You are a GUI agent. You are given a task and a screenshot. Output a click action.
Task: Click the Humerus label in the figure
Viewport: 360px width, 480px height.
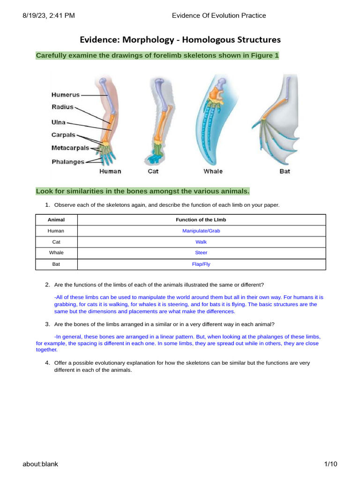(66, 95)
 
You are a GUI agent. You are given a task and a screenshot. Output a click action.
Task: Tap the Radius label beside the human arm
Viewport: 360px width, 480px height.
(62, 107)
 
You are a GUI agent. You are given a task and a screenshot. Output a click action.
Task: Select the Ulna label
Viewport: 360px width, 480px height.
(59, 122)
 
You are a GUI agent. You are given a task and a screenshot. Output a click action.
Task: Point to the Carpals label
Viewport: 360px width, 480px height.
(63, 135)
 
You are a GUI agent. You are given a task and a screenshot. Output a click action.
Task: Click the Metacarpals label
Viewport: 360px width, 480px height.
(70, 148)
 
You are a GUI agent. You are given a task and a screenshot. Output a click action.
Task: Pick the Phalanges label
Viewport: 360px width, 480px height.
(68, 162)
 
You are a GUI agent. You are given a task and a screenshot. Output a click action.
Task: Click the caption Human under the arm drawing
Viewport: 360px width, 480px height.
(110, 171)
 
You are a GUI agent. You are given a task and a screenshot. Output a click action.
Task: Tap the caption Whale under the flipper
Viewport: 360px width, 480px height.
(213, 171)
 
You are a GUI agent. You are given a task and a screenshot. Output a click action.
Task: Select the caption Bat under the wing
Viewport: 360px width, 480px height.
(285, 171)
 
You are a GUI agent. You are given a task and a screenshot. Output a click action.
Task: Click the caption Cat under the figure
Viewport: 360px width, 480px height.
(153, 171)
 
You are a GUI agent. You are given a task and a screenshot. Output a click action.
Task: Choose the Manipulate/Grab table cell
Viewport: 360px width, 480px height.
(201, 231)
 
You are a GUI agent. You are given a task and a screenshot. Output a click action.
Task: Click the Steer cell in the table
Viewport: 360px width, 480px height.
(201, 253)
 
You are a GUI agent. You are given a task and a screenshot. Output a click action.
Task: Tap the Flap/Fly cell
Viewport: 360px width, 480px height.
(201, 264)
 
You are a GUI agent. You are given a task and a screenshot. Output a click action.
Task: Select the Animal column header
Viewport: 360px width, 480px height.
(56, 220)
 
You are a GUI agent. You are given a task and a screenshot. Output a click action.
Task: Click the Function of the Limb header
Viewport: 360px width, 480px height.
(201, 220)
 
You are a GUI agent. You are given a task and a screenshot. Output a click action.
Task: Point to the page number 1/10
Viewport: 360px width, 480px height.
(330, 464)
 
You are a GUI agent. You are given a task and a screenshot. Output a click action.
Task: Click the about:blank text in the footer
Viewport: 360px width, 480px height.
(40, 464)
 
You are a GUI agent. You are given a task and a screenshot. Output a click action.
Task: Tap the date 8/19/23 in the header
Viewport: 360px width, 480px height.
(36, 15)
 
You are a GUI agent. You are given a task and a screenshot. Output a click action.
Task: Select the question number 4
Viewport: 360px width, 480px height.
(47, 363)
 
